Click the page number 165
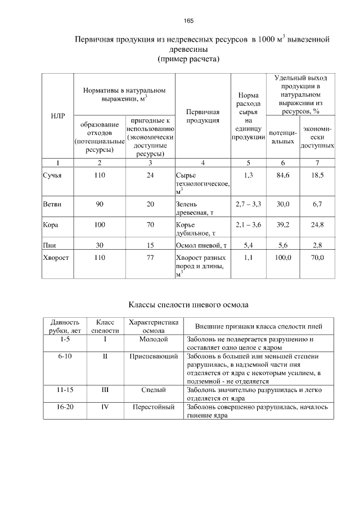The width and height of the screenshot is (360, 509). (x=188, y=21)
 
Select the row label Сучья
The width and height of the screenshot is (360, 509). (x=52, y=175)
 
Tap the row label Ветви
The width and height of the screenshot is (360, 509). (x=52, y=204)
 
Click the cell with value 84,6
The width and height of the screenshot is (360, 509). (x=283, y=175)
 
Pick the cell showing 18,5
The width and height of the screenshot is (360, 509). (x=318, y=175)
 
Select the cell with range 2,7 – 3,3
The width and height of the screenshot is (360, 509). (x=249, y=204)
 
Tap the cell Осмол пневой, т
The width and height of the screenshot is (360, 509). (x=201, y=245)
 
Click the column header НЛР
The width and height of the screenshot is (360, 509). (x=58, y=116)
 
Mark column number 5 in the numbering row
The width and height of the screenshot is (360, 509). (x=249, y=163)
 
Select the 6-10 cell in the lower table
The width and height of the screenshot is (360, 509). (x=65, y=357)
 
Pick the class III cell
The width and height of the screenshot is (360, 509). (x=105, y=389)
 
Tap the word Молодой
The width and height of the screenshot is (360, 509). (x=154, y=340)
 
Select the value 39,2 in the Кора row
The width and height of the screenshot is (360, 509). (x=283, y=225)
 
